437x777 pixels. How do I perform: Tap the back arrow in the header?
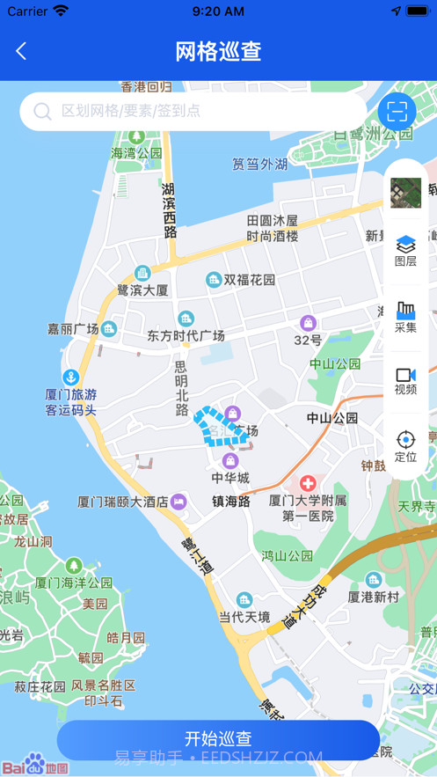pyautogui.click(x=21, y=51)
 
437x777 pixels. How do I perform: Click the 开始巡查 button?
pyautogui.click(x=218, y=738)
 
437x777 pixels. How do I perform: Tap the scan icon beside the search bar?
pyautogui.click(x=397, y=111)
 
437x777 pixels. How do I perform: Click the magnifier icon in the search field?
pyautogui.click(x=42, y=112)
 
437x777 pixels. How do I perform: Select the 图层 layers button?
pyautogui.click(x=405, y=251)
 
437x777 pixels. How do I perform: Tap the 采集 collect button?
pyautogui.click(x=405, y=317)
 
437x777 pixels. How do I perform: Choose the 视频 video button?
pyautogui.click(x=405, y=381)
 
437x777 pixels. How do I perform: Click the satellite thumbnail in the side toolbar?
pyautogui.click(x=405, y=192)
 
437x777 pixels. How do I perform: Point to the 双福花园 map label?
pyautogui.click(x=249, y=280)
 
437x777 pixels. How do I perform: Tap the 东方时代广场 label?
pyautogui.click(x=186, y=335)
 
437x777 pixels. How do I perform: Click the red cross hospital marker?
pyautogui.click(x=308, y=483)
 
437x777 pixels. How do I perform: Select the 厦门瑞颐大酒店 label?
pyautogui.click(x=122, y=502)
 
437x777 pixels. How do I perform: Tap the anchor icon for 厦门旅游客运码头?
pyautogui.click(x=70, y=379)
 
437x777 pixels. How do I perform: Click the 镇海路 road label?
pyautogui.click(x=231, y=502)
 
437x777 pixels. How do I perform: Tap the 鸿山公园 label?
pyautogui.click(x=287, y=556)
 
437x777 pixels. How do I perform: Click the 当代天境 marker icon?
pyautogui.click(x=244, y=600)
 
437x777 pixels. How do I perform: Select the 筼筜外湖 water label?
pyautogui.click(x=259, y=164)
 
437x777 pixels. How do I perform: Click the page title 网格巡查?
pyautogui.click(x=218, y=51)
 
